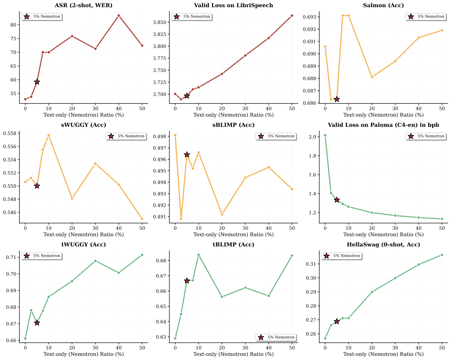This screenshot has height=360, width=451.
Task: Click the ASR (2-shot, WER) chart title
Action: click(83, 5)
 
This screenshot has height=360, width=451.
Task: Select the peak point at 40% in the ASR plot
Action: click(119, 16)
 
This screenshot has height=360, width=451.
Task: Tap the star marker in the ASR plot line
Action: click(37, 82)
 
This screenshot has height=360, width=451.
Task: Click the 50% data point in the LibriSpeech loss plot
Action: click(292, 16)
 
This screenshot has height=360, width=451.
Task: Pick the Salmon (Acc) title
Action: click(383, 5)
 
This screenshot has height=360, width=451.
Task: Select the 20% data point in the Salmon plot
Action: click(372, 77)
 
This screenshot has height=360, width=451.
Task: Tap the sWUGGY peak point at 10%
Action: click(49, 135)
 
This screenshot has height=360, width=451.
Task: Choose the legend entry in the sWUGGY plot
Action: click(126, 136)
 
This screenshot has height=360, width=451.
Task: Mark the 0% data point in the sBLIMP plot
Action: click(175, 135)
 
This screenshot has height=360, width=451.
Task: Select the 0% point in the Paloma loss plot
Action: click(325, 135)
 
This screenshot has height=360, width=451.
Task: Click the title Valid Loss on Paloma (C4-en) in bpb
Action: click(383, 125)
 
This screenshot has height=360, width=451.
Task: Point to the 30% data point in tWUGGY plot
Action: click(95, 261)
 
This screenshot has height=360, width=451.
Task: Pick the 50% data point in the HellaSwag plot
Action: click(442, 255)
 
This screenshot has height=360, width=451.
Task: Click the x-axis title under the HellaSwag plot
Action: click(383, 354)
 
